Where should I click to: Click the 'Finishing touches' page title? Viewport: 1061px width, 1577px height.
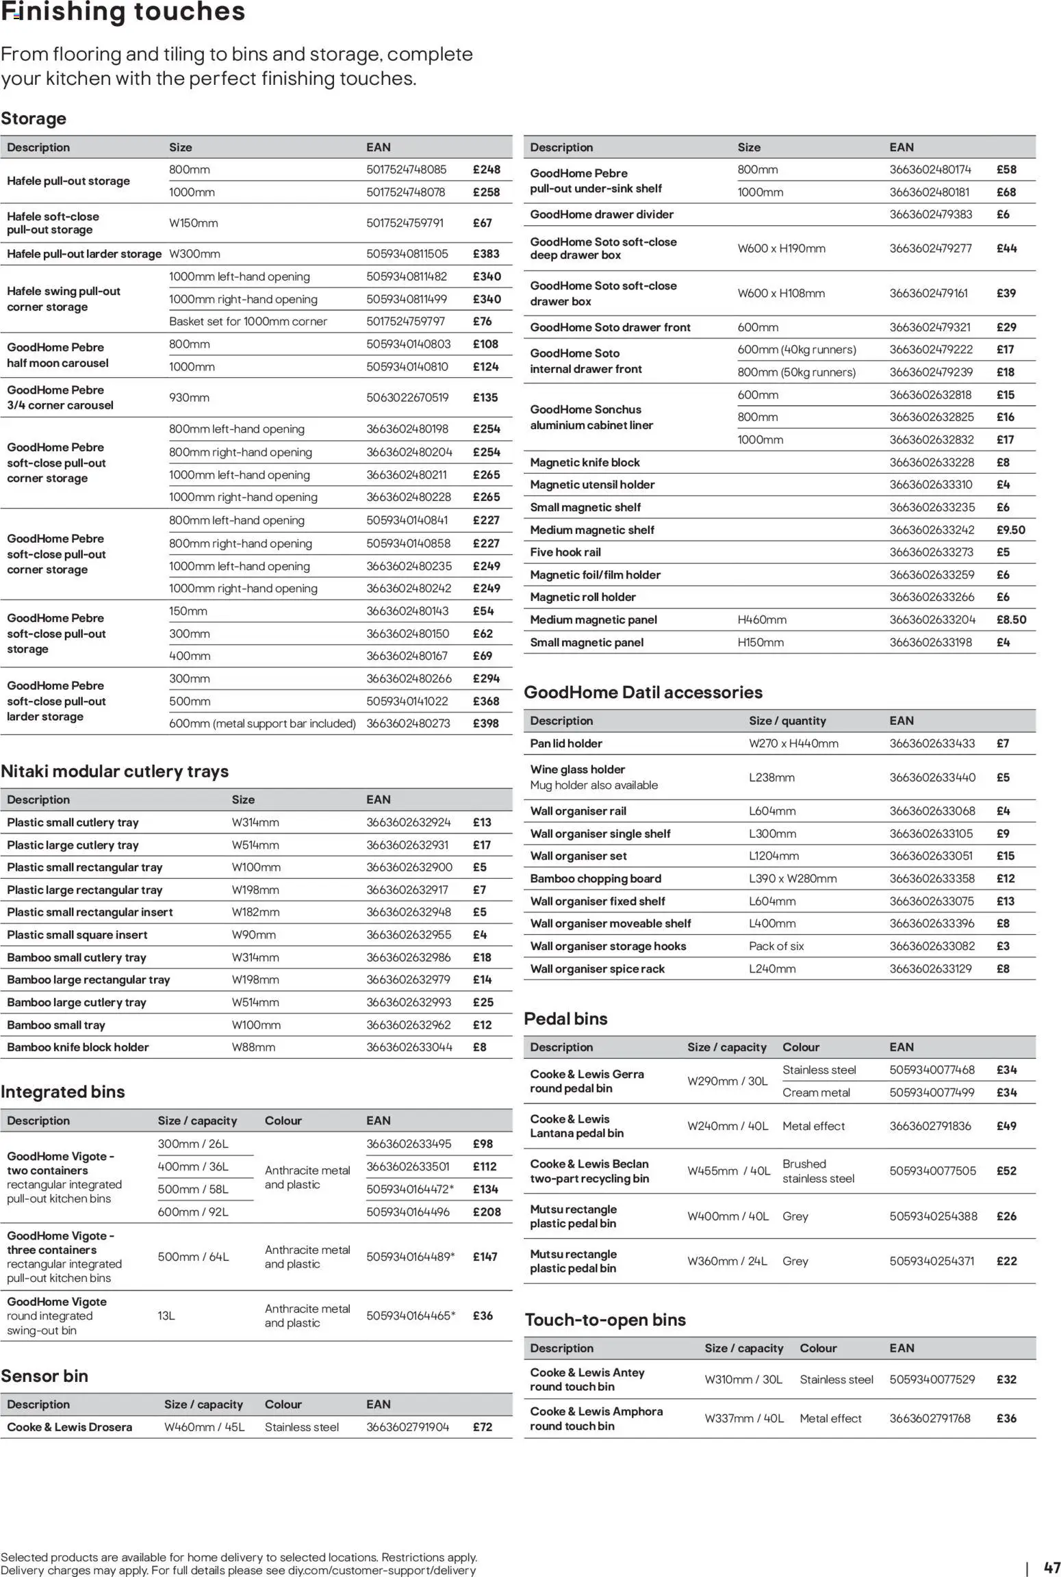tap(123, 12)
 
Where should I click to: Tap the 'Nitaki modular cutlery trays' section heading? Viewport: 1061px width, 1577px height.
tap(114, 771)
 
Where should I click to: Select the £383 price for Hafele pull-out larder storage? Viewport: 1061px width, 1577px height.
tap(486, 254)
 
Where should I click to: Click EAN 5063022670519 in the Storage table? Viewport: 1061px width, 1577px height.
tap(407, 398)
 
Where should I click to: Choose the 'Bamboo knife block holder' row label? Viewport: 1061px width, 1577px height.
tap(78, 1047)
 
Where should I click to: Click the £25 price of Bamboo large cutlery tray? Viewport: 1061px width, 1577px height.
tap(483, 1002)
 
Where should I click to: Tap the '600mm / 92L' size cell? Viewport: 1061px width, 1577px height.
tap(193, 1211)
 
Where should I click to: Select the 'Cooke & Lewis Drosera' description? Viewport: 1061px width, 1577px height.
tap(70, 1427)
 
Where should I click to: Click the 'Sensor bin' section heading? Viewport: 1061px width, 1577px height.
tap(44, 1376)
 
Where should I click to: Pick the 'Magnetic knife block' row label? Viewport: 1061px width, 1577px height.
tap(585, 463)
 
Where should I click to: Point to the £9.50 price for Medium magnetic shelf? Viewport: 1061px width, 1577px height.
tap(1010, 530)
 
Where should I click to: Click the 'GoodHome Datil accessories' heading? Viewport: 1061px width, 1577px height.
tap(643, 693)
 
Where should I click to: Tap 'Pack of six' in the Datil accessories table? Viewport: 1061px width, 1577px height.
tap(776, 946)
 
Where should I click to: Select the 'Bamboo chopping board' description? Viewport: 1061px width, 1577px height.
tap(596, 879)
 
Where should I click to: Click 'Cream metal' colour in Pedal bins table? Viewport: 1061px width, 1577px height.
tap(816, 1092)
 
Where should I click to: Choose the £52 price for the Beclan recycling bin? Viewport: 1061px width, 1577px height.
tap(1006, 1171)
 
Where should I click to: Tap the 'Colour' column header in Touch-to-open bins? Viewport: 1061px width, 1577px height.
tap(818, 1348)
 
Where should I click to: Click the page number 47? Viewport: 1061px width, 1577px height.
tap(1051, 1568)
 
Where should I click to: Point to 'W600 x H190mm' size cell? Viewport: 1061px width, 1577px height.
tap(781, 248)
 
